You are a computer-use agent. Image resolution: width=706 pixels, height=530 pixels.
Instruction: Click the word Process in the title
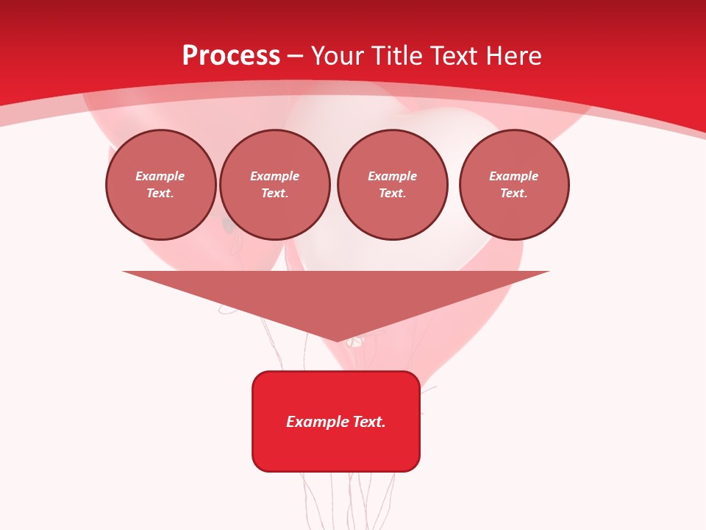click(231, 56)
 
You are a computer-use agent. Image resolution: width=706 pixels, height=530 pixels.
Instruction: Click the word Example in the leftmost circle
click(160, 176)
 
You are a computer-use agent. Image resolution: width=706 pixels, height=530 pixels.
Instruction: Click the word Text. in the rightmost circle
click(514, 193)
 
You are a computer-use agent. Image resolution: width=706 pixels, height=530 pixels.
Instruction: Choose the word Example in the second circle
click(275, 176)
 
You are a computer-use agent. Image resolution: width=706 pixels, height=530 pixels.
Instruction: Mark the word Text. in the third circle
click(393, 193)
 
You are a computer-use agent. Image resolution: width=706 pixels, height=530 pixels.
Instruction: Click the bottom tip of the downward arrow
click(337, 340)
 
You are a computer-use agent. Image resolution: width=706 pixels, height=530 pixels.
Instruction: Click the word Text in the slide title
click(452, 56)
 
